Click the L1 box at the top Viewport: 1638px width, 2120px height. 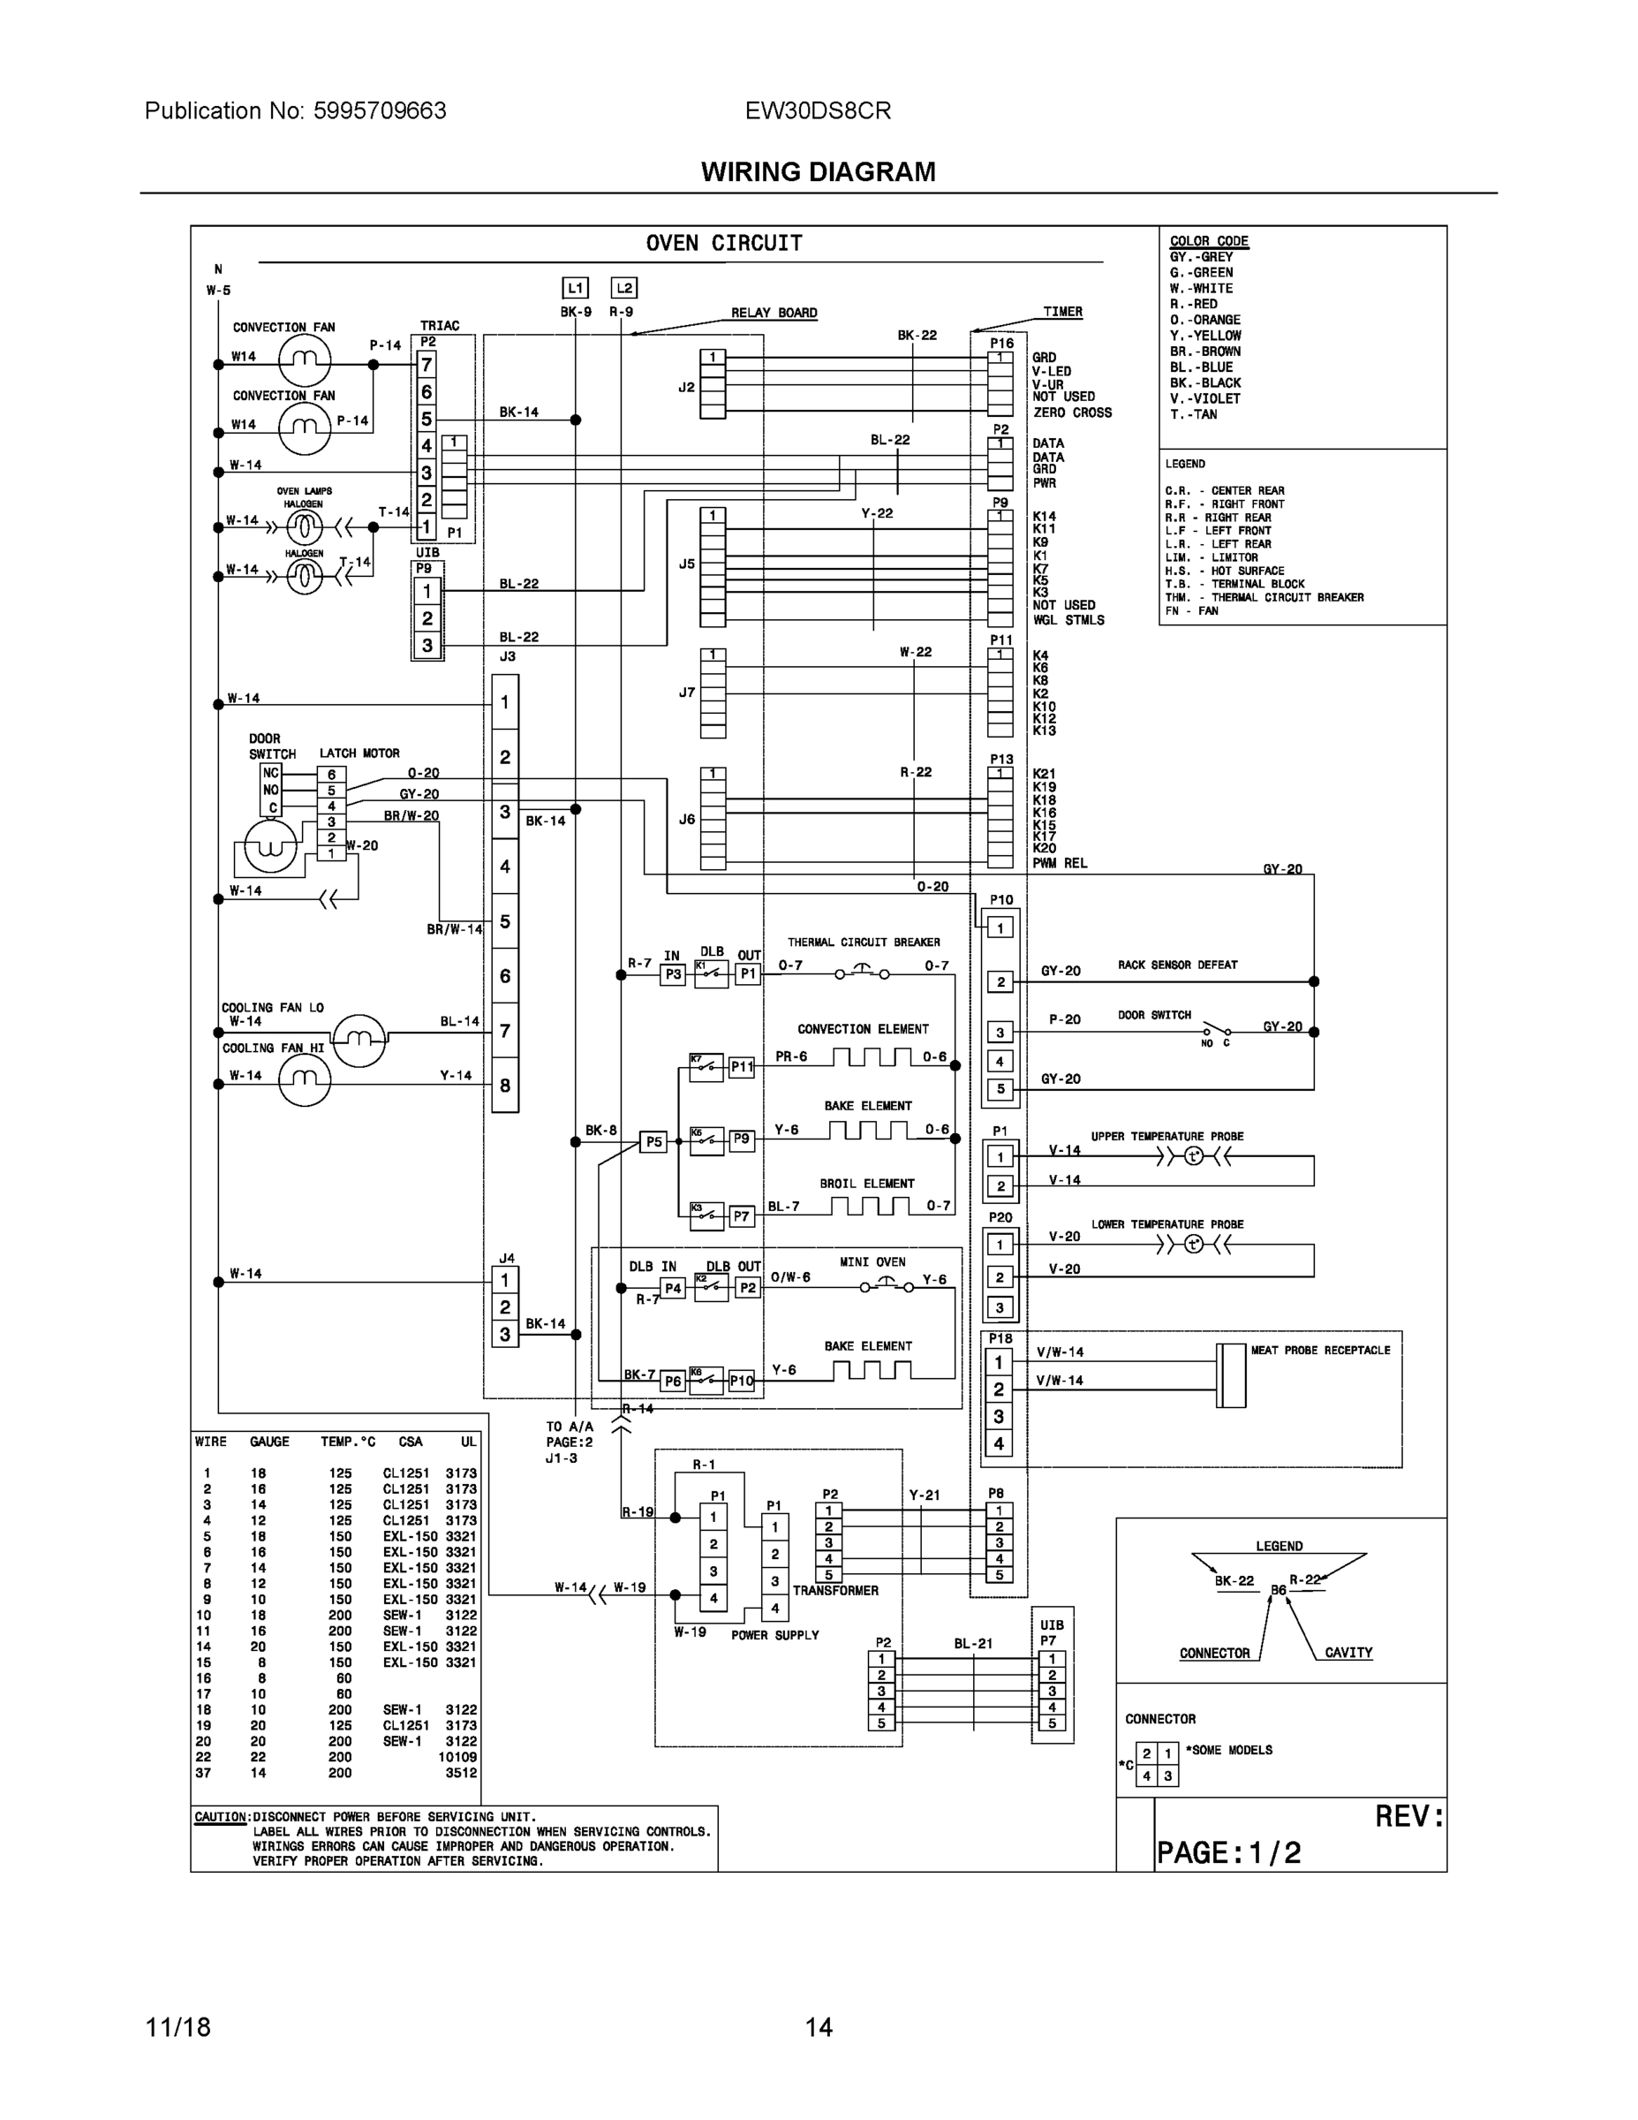pos(575,288)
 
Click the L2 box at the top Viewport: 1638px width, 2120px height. pos(623,288)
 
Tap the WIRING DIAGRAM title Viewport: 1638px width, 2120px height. pos(818,172)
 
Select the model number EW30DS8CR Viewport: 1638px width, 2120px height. pos(817,110)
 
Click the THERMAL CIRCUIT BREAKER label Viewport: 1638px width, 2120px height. pos(863,943)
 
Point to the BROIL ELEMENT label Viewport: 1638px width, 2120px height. pos(866,1185)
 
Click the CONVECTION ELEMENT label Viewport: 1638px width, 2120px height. pos(863,1029)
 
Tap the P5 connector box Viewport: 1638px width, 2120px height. pos(654,1141)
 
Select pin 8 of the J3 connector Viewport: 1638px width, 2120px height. pos(504,1086)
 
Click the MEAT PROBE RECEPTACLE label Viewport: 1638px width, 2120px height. pos(1320,1351)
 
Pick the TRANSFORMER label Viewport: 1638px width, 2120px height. pos(834,1591)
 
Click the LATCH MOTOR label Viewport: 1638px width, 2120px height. pos(359,753)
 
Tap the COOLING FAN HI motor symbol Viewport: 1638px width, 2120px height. pos(304,1079)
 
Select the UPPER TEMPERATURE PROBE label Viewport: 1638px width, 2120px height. pos(1166,1137)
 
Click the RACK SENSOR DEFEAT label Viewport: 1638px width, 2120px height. pos(1177,965)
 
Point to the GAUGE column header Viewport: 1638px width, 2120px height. pos(268,1442)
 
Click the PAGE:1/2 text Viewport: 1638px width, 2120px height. pos(1227,1853)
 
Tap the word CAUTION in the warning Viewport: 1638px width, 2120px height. pos(220,1817)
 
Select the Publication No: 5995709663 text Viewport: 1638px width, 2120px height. pos(295,110)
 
